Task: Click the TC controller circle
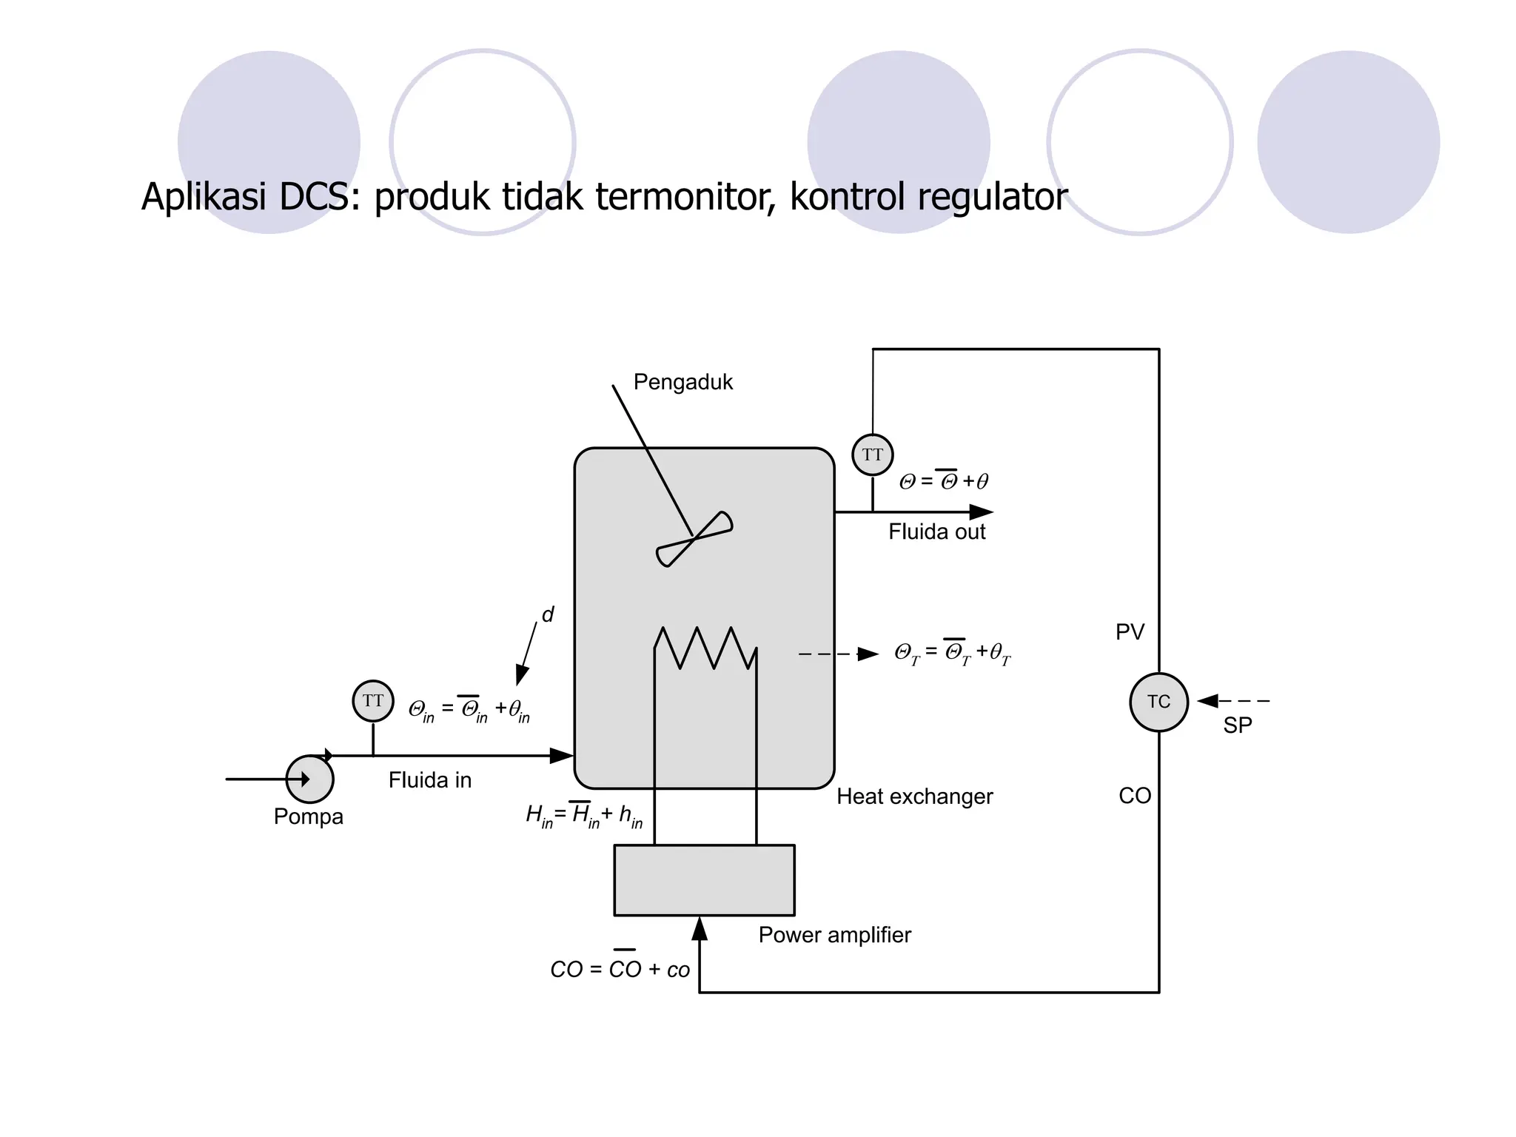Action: pos(1158,702)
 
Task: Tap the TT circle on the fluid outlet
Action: pos(873,455)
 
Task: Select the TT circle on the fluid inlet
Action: pos(373,700)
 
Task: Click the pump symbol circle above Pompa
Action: pos(309,779)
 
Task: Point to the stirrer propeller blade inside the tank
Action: pos(694,539)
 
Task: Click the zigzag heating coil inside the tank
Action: pos(705,648)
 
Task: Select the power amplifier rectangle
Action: pos(704,880)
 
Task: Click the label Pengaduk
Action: pos(682,382)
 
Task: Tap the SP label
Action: pos(1237,725)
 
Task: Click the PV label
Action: pos(1130,632)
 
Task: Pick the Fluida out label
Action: pos(936,531)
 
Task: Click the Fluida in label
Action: pos(429,780)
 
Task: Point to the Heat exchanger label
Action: pos(914,796)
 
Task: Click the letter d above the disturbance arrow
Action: pos(548,614)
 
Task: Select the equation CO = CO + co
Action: pos(620,968)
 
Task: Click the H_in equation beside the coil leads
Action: pos(583,816)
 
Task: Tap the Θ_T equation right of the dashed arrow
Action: pos(952,653)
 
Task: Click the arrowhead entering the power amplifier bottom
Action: pos(700,928)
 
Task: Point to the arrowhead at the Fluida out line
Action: pos(981,512)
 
